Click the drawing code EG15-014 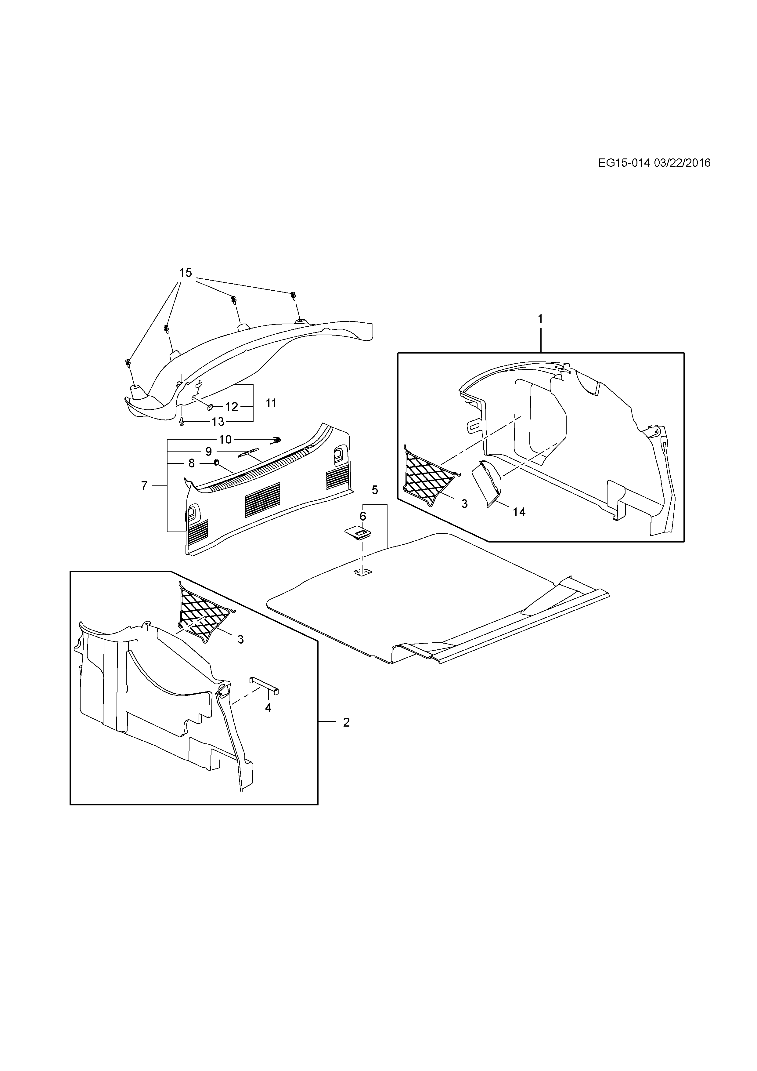point(624,163)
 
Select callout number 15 point(186,273)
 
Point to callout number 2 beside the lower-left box point(346,723)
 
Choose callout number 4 point(268,708)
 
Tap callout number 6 point(363,516)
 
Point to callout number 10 point(225,439)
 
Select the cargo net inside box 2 point(204,615)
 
